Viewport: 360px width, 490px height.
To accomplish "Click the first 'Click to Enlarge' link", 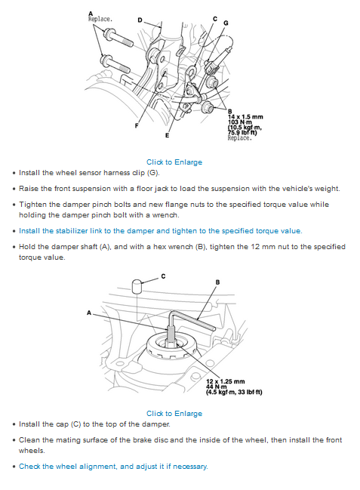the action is (x=174, y=162).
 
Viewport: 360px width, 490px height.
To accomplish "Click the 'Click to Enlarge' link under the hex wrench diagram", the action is (x=174, y=413).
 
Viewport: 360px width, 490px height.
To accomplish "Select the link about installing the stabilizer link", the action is (x=161, y=230).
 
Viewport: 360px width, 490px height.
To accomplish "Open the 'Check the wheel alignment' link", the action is (x=113, y=467).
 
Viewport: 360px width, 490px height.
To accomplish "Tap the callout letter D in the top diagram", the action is (x=140, y=20).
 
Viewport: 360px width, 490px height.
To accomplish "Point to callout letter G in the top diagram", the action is (x=226, y=23).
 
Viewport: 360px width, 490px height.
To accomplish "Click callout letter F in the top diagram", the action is (x=137, y=125).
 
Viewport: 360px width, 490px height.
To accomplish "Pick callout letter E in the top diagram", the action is (x=167, y=135).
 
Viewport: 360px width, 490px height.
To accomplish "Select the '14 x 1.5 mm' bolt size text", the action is (x=245, y=116).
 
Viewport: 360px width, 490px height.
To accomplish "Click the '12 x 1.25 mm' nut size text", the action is (x=226, y=381).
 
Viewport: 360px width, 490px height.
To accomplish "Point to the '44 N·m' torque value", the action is (x=216, y=387).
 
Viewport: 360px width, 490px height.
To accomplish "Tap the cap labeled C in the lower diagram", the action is (x=137, y=286).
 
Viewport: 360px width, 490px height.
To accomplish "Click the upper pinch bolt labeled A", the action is (x=118, y=38).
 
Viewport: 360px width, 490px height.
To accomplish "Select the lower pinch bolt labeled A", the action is (x=115, y=65).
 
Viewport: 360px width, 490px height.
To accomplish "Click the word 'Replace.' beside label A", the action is (x=100, y=19).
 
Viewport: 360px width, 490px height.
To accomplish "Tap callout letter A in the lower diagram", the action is (x=89, y=313).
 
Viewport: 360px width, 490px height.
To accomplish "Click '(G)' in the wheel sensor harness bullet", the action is (x=153, y=172).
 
